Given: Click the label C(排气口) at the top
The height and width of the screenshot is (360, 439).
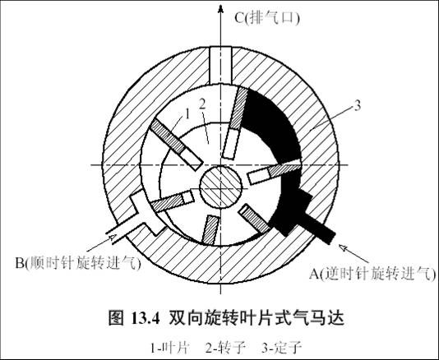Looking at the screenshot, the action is coord(267,18).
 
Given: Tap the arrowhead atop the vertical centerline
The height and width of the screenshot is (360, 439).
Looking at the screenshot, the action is coord(220,8).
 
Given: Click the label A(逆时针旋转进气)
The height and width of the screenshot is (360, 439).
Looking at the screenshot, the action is coord(372,273).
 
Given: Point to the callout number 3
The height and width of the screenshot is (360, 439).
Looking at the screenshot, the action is coord(357,106).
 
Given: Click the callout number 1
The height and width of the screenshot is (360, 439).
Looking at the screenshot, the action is coord(187,114).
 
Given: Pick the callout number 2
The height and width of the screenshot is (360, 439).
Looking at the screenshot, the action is coord(202,104).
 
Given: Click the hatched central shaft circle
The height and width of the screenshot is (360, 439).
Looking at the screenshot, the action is coord(220,187).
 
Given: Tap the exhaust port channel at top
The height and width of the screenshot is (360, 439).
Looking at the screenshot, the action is coord(220,66).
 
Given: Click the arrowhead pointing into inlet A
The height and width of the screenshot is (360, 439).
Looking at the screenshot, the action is coord(344,248).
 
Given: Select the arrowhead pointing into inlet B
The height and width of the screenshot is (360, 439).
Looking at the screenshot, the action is coord(111,237).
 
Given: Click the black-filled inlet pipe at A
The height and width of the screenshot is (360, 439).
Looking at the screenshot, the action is coord(319,227).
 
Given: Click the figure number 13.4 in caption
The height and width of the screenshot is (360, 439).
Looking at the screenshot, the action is coord(146,319).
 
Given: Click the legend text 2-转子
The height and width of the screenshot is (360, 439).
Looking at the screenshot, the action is coord(226,348).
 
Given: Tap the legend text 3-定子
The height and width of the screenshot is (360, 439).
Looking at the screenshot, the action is coord(281,348).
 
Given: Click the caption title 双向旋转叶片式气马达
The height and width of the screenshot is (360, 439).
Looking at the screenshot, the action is coord(256,318).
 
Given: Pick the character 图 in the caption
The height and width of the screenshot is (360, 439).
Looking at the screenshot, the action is coord(116,318).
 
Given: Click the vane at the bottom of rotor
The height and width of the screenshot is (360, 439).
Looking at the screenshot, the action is coord(210,229).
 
